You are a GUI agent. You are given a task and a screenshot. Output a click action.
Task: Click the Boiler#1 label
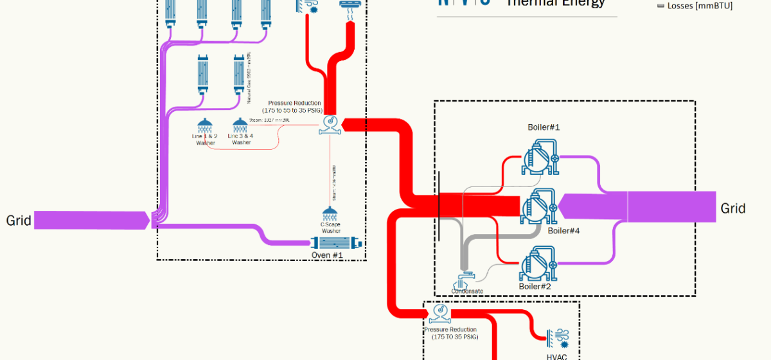pyautogui.click(x=544, y=127)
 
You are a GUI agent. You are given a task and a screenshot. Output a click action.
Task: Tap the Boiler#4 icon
pyautogui.click(x=539, y=206)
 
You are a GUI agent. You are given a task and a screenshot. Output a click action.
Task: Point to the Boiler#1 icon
pyautogui.click(x=539, y=157)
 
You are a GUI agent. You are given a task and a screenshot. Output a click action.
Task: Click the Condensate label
pyautogui.click(x=466, y=291)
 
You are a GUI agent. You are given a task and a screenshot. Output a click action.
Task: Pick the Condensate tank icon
pyautogui.click(x=466, y=280)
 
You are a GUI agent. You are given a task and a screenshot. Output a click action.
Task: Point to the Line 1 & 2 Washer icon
pyautogui.click(x=204, y=125)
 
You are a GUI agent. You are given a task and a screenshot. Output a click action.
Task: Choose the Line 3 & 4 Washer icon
pyautogui.click(x=240, y=125)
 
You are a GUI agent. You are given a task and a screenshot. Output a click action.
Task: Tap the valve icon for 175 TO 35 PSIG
pyautogui.click(x=441, y=313)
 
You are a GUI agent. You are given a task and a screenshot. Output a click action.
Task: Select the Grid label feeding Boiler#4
pyautogui.click(x=732, y=208)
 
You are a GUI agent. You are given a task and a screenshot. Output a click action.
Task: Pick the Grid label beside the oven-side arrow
pyautogui.click(x=19, y=221)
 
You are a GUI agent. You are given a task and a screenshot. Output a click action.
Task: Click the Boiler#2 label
pyautogui.click(x=535, y=286)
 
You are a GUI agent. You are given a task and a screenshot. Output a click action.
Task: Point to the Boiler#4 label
pyautogui.click(x=563, y=230)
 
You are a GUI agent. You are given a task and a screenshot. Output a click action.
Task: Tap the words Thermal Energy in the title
pyautogui.click(x=556, y=3)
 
